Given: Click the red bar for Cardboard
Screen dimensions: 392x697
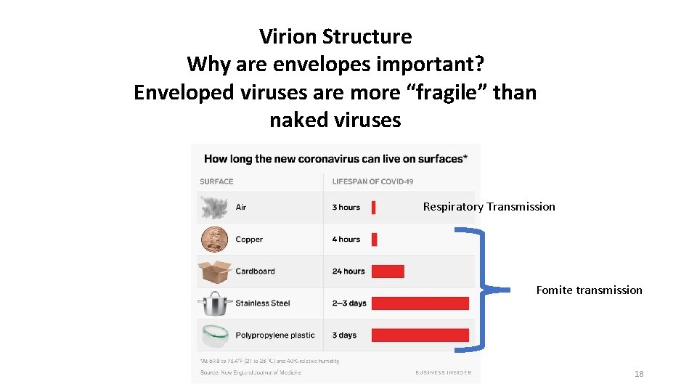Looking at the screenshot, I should [388, 271].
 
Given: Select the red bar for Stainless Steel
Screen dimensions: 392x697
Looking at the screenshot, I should [420, 303].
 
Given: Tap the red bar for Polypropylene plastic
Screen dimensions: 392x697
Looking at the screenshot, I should [420, 335].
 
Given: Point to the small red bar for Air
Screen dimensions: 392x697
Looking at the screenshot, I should [373, 208].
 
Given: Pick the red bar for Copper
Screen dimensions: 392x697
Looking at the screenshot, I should [374, 240].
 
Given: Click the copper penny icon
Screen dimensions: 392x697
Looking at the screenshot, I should [215, 240].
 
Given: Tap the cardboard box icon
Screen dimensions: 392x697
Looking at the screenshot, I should [215, 271].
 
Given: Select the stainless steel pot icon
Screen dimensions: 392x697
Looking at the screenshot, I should [215, 303].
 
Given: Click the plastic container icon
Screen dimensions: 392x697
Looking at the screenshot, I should [215, 335].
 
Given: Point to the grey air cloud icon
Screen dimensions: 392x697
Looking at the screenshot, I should [215, 208].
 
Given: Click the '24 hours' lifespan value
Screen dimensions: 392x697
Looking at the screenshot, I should [348, 271].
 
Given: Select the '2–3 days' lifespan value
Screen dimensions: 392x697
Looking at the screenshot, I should [349, 303].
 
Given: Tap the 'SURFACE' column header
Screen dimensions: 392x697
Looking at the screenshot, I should [216, 181].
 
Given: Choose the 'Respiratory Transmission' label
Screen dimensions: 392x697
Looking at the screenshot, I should [489, 207].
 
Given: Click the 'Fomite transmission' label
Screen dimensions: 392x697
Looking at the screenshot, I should [589, 290].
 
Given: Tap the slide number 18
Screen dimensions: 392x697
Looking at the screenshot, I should [639, 374].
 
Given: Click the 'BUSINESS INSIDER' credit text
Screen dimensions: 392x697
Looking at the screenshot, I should [443, 372].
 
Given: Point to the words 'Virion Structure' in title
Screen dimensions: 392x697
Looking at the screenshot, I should [335, 36].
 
